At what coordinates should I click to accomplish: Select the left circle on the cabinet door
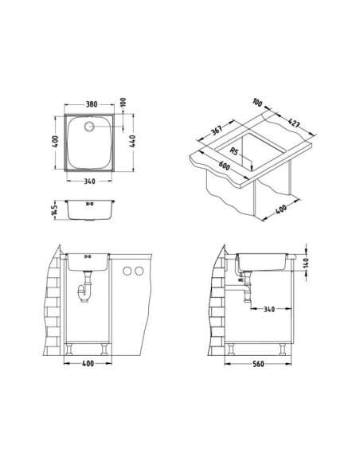click(127, 273)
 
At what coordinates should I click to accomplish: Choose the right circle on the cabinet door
click(140, 273)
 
